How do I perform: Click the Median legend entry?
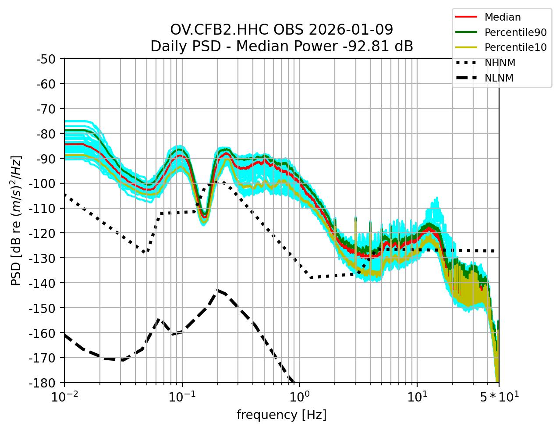[502, 18]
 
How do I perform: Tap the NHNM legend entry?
[500, 63]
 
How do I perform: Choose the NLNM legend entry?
[499, 78]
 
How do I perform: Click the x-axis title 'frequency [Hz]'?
[281, 415]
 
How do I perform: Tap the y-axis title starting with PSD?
[16, 220]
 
